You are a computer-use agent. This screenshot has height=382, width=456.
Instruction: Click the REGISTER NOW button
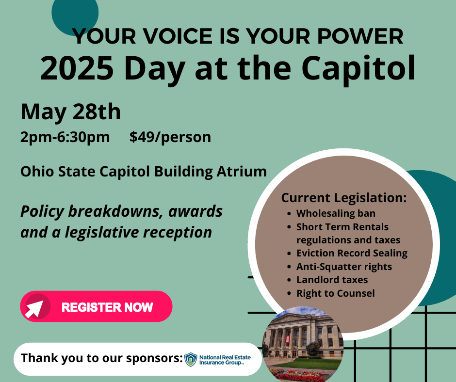coord(96,306)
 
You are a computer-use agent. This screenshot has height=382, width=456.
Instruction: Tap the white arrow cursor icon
coord(34,309)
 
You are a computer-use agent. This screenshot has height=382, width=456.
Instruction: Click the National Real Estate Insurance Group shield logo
coord(191,359)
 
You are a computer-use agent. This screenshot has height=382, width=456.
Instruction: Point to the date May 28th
coord(71,111)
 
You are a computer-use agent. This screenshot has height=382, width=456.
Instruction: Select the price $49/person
coord(170,137)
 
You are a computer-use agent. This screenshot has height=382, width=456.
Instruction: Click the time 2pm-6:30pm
coord(65,137)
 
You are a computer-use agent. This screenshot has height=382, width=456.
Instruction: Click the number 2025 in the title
coord(77,68)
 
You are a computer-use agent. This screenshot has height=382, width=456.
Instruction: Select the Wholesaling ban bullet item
coord(336,213)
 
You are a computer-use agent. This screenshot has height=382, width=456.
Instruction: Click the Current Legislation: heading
coord(344,198)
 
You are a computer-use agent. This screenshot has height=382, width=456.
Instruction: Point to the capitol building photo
coord(302,344)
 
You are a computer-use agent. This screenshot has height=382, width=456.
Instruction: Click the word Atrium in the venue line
coord(242,172)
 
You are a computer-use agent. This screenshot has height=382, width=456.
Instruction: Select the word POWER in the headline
coord(360,36)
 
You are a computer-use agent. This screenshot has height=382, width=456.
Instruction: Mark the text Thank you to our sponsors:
coord(102,358)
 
